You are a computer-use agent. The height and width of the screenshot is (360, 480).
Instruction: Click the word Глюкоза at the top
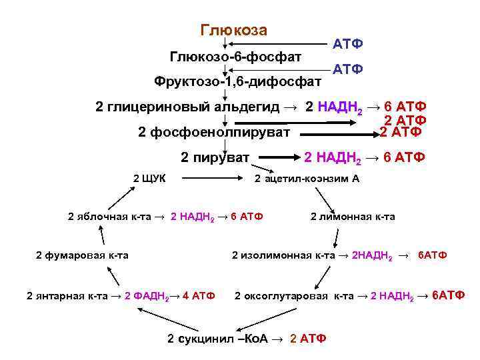(x=233, y=31)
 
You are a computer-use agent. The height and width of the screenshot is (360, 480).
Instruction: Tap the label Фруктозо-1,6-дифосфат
(x=237, y=82)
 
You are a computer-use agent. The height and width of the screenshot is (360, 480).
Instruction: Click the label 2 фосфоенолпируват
(x=214, y=132)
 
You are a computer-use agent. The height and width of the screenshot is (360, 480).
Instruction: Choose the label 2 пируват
(x=215, y=158)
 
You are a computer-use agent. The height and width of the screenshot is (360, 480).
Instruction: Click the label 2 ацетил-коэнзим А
(x=307, y=179)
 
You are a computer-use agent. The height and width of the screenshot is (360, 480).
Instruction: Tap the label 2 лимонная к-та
(x=353, y=217)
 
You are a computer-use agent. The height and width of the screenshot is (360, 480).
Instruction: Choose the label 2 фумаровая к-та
(x=82, y=255)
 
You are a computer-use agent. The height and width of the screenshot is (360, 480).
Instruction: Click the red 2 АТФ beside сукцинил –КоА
(x=309, y=339)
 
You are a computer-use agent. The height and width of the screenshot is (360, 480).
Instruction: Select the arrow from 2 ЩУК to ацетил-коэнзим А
(x=213, y=179)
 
